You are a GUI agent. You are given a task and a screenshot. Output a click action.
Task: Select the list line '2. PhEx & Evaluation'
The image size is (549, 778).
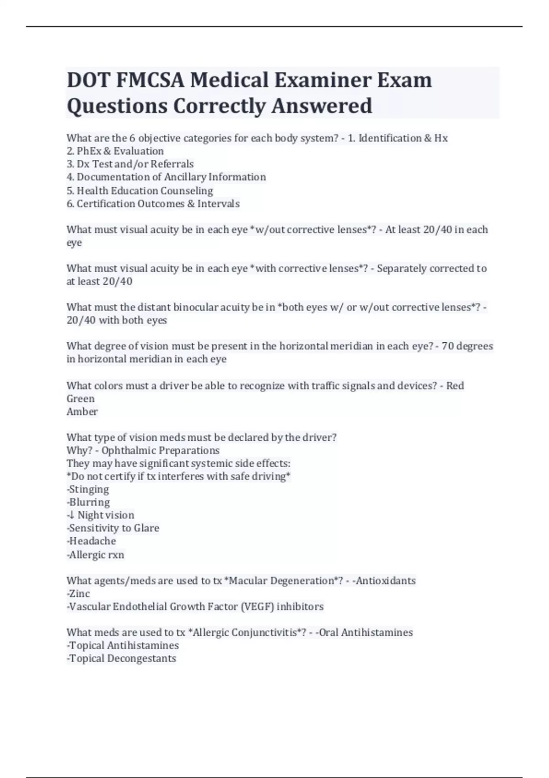coord(115,151)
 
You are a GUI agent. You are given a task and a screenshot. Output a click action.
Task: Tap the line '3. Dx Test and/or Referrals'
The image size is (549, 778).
coord(130,164)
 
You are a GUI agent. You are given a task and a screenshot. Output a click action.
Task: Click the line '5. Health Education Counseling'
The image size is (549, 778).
coord(140,190)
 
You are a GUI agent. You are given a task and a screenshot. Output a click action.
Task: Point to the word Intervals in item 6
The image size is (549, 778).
coord(218,204)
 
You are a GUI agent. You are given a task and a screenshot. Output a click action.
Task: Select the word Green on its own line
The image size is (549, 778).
coord(81,399)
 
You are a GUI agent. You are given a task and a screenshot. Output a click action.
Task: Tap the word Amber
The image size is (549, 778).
coord(82,411)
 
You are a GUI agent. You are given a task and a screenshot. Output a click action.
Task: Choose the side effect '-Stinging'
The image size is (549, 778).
coord(88,489)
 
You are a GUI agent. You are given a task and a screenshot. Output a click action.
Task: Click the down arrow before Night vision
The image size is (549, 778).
coord(72,515)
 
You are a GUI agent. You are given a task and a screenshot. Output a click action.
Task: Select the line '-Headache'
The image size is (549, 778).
coord(91,541)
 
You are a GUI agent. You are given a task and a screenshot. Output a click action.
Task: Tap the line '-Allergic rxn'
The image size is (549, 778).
coord(95,555)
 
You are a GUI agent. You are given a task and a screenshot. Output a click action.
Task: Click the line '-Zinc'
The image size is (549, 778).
coord(78,594)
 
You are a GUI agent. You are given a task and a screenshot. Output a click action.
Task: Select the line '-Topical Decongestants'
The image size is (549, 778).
coord(121,659)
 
